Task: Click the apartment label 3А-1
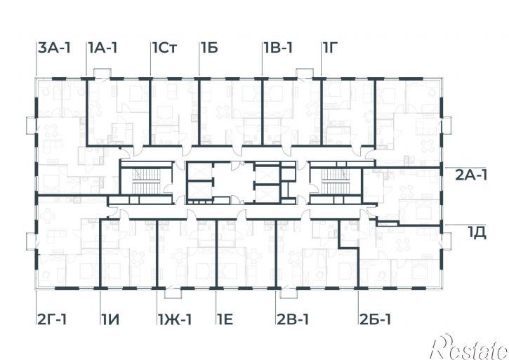pos(54,48)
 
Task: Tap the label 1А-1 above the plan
pos(103,48)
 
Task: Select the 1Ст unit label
pos(165,48)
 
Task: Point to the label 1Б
pos(209,48)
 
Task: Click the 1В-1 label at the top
pos(278,48)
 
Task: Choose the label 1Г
pos(331,48)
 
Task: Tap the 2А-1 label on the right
pos(471,175)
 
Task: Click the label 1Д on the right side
pos(477,233)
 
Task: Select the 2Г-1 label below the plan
pos(52,319)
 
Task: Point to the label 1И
pos(110,319)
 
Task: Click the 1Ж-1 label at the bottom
pos(175,319)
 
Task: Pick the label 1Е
pos(225,319)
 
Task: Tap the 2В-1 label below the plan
pos(293,319)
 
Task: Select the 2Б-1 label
pos(376,319)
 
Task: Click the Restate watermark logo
pos(469,347)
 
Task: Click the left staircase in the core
pos(146,181)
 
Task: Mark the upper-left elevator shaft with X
pos(200,172)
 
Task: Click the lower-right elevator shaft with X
pos(267,194)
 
